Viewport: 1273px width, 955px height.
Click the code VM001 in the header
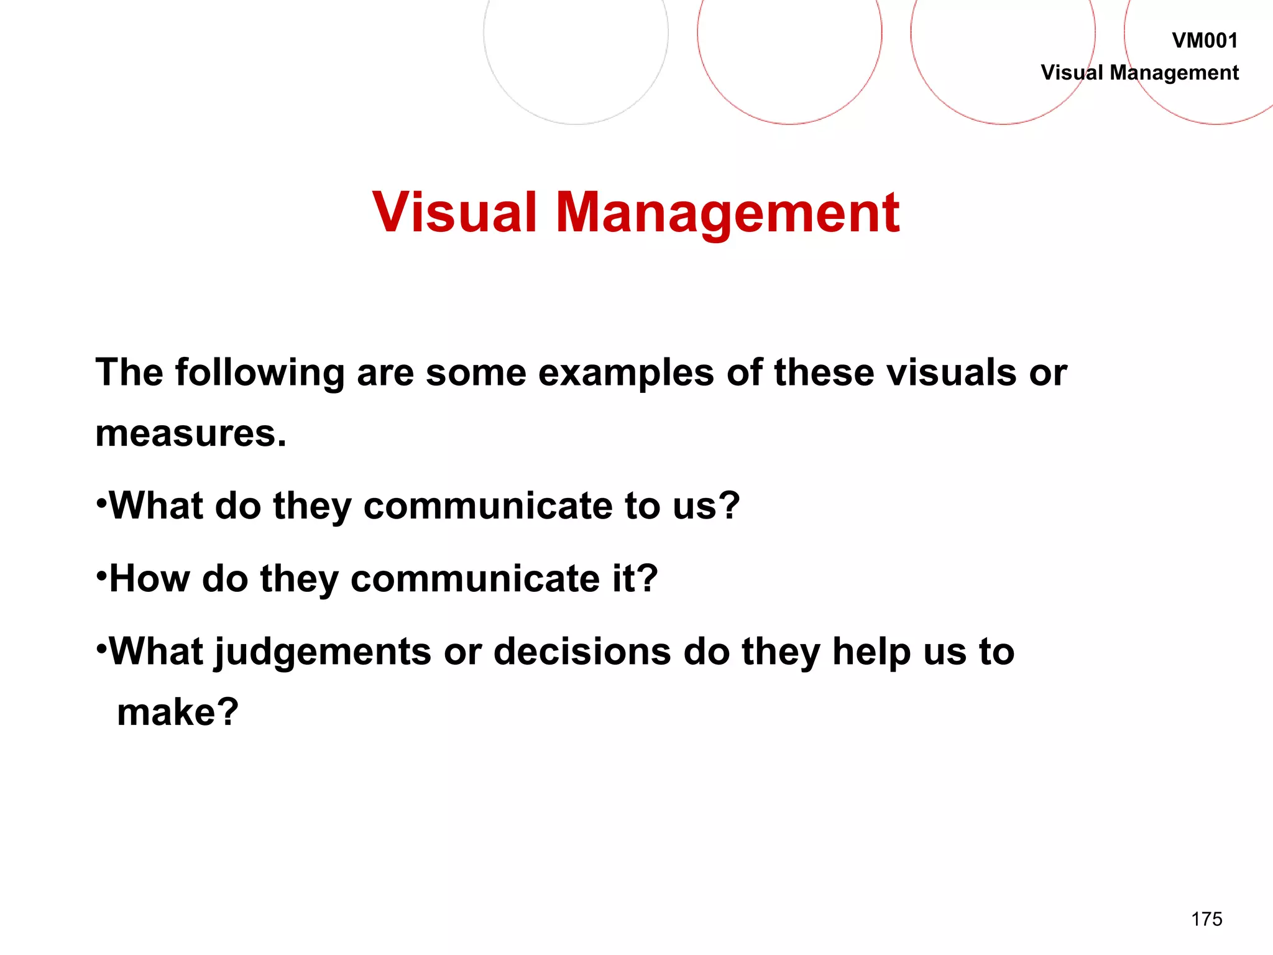pos(1204,40)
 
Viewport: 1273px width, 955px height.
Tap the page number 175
pos(1206,919)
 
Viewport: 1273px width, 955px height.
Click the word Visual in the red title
pos(454,213)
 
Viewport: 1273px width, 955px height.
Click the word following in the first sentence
pos(259,373)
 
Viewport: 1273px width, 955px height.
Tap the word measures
pos(190,433)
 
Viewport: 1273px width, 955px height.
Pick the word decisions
pos(582,651)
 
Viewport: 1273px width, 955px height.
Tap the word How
pos(150,578)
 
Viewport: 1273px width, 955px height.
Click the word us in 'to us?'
pos(697,505)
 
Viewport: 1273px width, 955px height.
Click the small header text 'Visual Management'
pos(1139,73)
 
